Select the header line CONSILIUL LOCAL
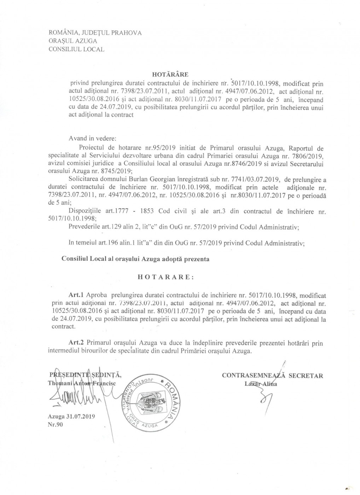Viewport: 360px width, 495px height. (76, 49)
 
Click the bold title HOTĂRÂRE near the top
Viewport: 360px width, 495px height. (170, 74)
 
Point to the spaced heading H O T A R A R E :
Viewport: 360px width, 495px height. (166, 277)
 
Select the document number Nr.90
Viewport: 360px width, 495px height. (55, 425)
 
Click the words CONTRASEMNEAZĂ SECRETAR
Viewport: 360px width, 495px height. (272, 376)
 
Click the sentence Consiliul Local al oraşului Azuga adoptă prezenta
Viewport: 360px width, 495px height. (135, 259)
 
